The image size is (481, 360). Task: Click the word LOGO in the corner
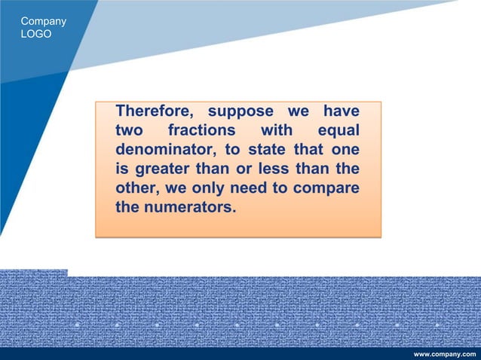36,35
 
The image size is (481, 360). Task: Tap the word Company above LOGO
43,21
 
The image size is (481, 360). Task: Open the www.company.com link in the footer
446,353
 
